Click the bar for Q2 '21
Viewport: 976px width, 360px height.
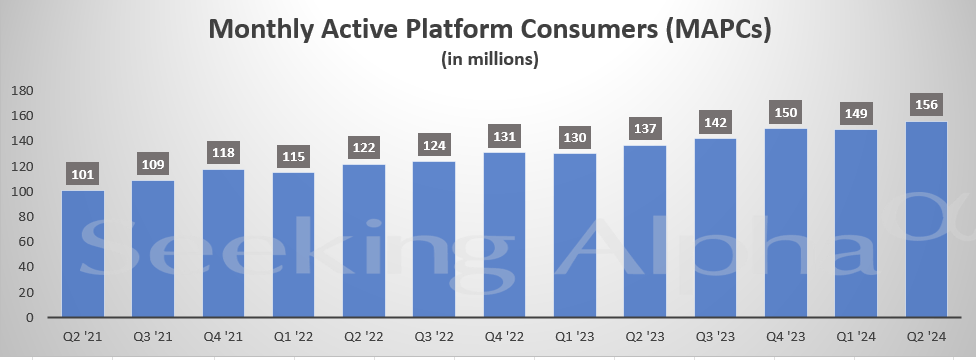[x=83, y=254]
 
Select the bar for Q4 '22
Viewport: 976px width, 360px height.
[x=506, y=235]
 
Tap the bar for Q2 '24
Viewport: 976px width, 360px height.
[x=928, y=220]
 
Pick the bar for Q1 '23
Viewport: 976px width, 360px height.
[x=576, y=236]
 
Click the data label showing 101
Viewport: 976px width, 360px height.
[x=83, y=173]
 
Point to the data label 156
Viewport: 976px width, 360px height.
[x=928, y=104]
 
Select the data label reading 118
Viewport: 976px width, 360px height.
[x=224, y=152]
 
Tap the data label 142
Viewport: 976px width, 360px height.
[x=717, y=122]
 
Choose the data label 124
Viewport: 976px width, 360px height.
[x=435, y=145]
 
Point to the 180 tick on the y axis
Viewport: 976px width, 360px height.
[x=22, y=91]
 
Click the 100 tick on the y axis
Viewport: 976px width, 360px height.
[x=22, y=192]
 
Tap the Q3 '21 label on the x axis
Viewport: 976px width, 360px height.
[x=154, y=338]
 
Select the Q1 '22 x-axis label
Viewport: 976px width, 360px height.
[x=294, y=338]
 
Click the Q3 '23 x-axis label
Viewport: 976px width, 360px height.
[x=717, y=338]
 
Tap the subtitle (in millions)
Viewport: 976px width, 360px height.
[x=490, y=61]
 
